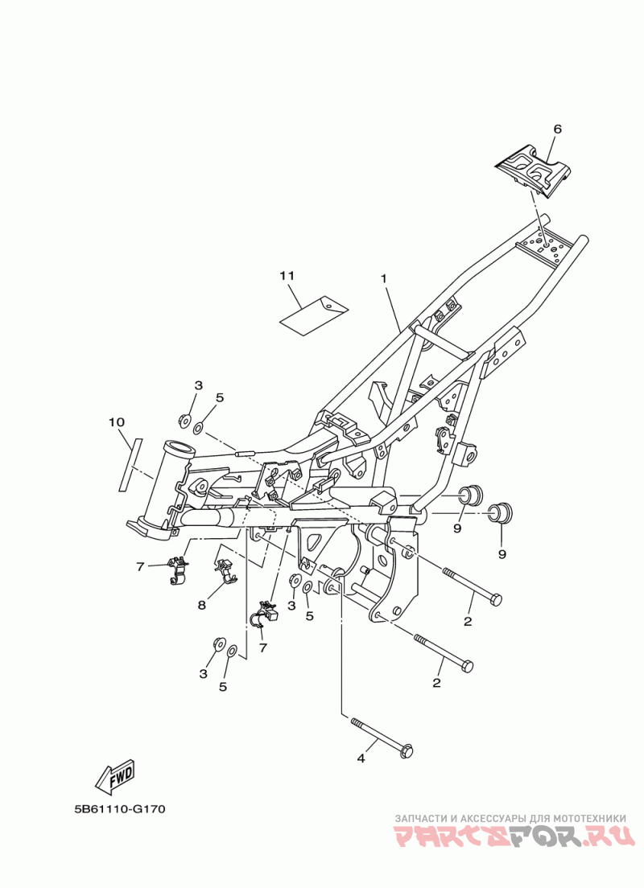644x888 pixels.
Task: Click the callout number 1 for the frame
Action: click(384, 278)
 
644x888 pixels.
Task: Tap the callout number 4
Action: click(361, 758)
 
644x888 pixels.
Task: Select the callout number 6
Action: click(556, 129)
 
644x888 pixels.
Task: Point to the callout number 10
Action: click(117, 422)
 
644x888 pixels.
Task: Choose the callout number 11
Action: click(287, 276)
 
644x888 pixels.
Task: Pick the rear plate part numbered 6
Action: click(535, 169)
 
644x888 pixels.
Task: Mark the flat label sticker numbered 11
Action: click(314, 313)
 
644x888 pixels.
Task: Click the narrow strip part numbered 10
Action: click(130, 463)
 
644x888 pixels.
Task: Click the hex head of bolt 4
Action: click(407, 752)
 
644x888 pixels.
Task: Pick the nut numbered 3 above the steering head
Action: click(184, 419)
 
